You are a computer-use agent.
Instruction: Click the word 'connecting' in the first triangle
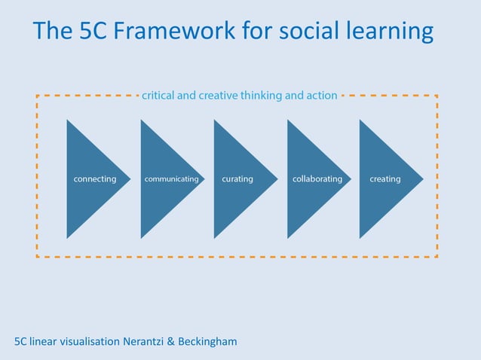point(94,179)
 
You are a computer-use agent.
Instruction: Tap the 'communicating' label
point(172,179)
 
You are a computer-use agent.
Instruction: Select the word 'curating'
point(237,179)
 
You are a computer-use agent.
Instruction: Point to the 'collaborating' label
point(317,179)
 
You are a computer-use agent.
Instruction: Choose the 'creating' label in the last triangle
point(385,179)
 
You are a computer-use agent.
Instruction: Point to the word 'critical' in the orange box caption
point(158,96)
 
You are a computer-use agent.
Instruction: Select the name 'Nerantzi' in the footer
point(142,342)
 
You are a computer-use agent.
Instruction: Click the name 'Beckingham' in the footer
point(207,342)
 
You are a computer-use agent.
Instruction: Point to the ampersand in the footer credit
point(170,342)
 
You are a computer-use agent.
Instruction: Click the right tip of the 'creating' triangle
point(421,179)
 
